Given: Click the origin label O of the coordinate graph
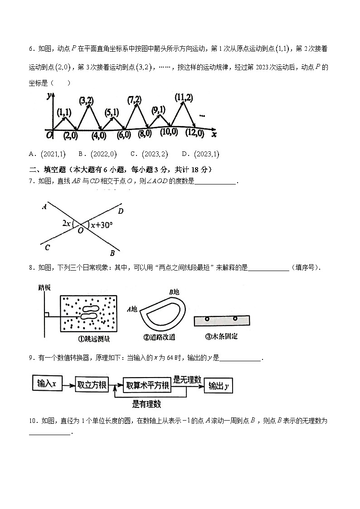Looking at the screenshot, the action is tap(49, 135).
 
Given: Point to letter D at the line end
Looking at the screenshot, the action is tap(121, 211).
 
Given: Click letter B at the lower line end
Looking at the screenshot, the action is tap(112, 253).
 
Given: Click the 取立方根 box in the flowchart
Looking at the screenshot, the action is tap(92, 385).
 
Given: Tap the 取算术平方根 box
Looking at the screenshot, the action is tap(147, 386).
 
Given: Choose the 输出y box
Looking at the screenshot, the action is tap(219, 386).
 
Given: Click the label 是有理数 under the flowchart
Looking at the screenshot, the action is tap(146, 404).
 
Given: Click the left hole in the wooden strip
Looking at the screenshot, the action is tap(207, 319).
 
